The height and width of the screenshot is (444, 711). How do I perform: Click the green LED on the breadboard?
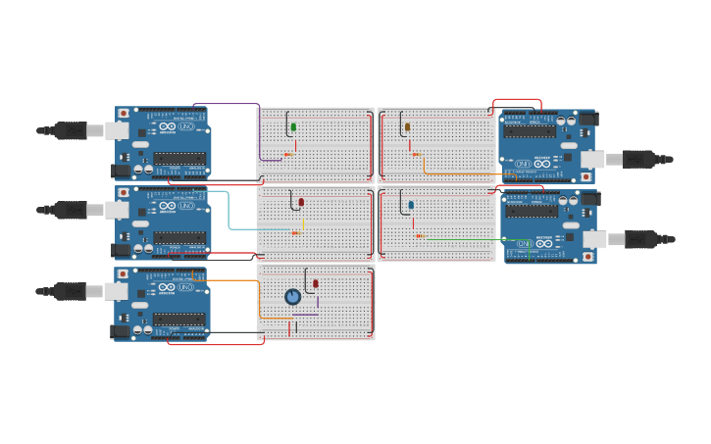pyautogui.click(x=293, y=127)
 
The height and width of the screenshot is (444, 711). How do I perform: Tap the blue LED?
pyautogui.click(x=411, y=205)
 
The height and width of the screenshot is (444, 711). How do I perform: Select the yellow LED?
pyautogui.click(x=407, y=127)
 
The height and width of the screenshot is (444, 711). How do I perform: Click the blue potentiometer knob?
pyautogui.click(x=292, y=296)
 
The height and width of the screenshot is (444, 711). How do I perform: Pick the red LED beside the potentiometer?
pyautogui.click(x=315, y=284)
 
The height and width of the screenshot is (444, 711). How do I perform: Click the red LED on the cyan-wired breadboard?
pyautogui.click(x=301, y=203)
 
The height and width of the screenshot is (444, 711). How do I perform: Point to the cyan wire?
pyautogui.click(x=229, y=211)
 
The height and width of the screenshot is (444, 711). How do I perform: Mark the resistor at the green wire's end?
pyautogui.click(x=420, y=236)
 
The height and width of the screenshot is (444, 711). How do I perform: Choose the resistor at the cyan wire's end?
pyautogui.click(x=295, y=232)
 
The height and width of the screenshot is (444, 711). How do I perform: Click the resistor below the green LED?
pyautogui.click(x=288, y=154)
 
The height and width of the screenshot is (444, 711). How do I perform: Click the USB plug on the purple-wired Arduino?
pyautogui.click(x=73, y=130)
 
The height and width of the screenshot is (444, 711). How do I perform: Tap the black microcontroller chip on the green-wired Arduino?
pyautogui.click(x=531, y=210)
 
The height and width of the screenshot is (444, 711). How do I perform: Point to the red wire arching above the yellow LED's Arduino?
pyautogui.click(x=517, y=100)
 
